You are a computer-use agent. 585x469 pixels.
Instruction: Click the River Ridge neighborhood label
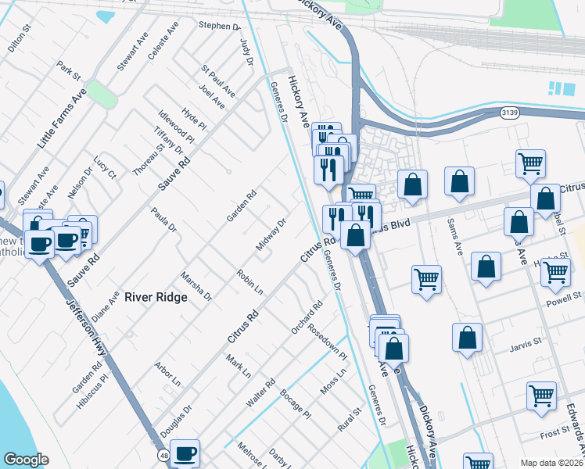tap(156, 297)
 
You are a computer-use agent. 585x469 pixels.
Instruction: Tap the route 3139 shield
tap(508, 113)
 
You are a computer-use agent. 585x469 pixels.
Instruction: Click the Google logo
tap(26, 459)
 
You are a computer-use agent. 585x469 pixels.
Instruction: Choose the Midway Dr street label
tap(271, 234)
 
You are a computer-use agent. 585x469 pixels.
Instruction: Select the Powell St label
tap(565, 297)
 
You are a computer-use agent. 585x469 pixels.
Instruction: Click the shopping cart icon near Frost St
tap(541, 396)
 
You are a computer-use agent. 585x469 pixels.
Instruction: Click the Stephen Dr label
tap(219, 26)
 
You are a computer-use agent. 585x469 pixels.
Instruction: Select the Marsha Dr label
tap(196, 287)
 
